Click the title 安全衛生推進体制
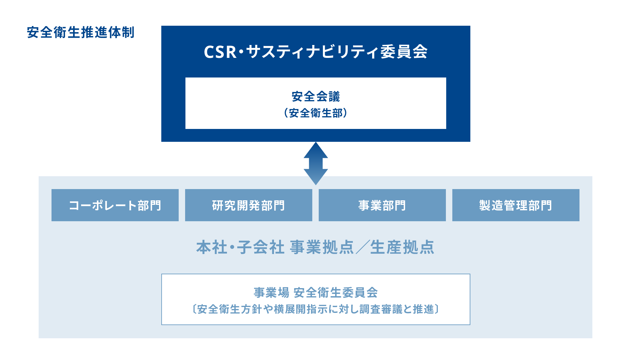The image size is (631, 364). tap(80, 32)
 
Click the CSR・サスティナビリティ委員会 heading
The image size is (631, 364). tap(315, 51)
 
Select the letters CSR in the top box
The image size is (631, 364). tap(221, 52)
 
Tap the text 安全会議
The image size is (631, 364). tap(316, 96)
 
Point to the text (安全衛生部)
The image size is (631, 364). tap(316, 113)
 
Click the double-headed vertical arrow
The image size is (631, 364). tap(316, 163)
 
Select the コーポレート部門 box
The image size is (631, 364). tap(115, 205)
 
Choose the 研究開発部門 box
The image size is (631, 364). tap(249, 205)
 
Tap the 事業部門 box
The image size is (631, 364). tap(382, 205)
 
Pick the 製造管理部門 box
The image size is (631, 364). tap(516, 205)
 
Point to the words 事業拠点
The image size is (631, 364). tap(322, 247)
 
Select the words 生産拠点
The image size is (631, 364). tap(402, 247)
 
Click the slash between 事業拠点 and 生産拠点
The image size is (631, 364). tap(362, 247)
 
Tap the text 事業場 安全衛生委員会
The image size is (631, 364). tap(316, 292)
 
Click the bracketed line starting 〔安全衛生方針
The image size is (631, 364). tap(316, 309)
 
